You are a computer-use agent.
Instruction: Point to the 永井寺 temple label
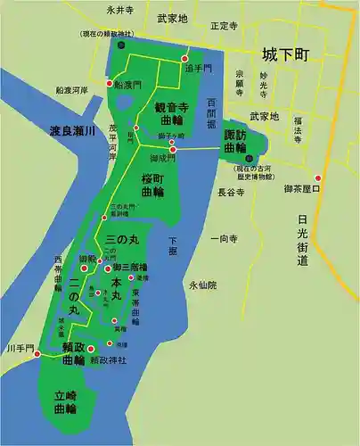119,11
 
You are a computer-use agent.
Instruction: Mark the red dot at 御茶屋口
317,177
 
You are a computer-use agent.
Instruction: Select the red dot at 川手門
37,353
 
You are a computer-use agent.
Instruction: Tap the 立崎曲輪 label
63,401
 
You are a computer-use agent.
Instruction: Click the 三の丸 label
123,241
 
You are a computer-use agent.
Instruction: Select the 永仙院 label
202,285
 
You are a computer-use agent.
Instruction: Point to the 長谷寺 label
231,192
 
